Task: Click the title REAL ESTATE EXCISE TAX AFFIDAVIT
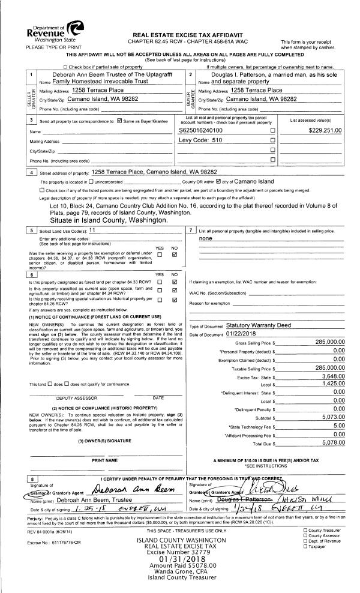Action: pos(179,19)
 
